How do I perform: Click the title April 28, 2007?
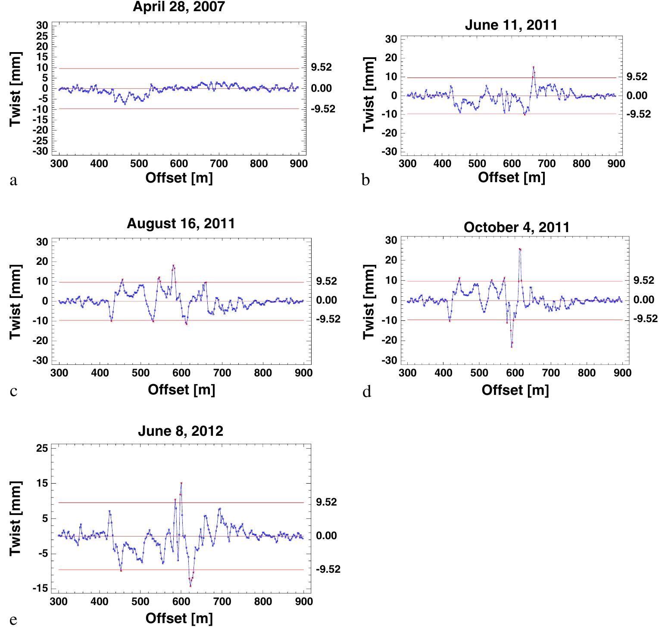[x=178, y=7]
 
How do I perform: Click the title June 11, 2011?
[x=511, y=25]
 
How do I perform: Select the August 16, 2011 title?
[x=181, y=223]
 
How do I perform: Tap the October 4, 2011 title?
[x=516, y=227]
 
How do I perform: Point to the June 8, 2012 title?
[x=181, y=431]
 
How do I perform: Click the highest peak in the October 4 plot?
[x=520, y=249]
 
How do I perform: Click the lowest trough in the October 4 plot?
[x=512, y=347]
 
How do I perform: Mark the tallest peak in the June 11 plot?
[x=534, y=67]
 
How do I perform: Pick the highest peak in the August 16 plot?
[x=173, y=265]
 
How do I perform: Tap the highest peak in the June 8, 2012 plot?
[x=181, y=483]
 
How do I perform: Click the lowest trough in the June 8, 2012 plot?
[x=190, y=586]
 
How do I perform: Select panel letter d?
[x=367, y=392]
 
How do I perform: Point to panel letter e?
[x=13, y=621]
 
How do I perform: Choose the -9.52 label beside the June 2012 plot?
[x=328, y=570]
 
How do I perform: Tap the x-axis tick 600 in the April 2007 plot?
[x=179, y=164]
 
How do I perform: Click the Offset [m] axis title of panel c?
[x=181, y=390]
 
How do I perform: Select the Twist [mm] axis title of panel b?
[x=368, y=95]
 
